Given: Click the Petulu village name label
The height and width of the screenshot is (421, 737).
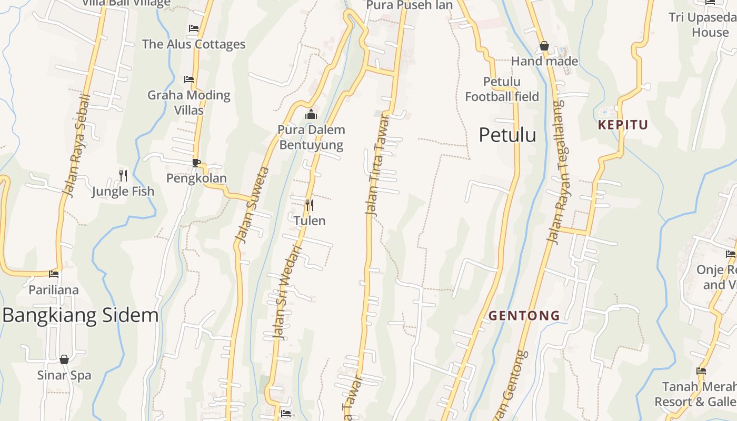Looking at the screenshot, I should coord(507,135).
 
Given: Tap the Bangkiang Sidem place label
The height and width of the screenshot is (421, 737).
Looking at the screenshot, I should coord(81,315).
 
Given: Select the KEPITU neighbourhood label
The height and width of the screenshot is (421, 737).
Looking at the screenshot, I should coord(623,125).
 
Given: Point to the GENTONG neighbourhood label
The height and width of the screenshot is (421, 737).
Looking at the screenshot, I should coord(524,316).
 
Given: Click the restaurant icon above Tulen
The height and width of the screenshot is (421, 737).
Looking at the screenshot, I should coord(310,205).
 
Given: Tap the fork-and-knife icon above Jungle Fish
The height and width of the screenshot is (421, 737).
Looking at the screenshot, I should coord(123,175).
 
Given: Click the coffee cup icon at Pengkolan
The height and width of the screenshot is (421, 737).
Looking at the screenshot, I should coord(196,163).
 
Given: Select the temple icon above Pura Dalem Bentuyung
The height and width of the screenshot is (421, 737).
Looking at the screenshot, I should coord(311,114).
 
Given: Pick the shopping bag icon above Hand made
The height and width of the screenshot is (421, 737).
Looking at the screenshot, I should coord(544,46).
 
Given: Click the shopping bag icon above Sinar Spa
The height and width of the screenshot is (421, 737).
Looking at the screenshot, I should coord(64,359).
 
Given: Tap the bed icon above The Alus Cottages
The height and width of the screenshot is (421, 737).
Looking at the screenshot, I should coord(194,28).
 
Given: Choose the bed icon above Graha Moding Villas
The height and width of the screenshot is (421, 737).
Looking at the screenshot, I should coord(189,79).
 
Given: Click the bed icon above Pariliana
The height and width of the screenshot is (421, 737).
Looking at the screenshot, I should coord(54,274).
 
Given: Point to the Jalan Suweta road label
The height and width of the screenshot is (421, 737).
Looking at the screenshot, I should coord(253,205).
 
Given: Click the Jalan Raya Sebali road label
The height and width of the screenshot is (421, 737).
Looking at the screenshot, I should coord(77,146).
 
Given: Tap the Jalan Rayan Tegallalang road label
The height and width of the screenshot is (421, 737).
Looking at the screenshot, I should coord(556,171).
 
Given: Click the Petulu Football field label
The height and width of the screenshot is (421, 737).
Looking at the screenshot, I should coord(502,89).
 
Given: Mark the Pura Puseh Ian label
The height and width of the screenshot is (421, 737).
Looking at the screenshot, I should coord(409,5).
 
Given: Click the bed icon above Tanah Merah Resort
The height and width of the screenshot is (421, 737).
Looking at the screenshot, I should coord(701,371).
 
